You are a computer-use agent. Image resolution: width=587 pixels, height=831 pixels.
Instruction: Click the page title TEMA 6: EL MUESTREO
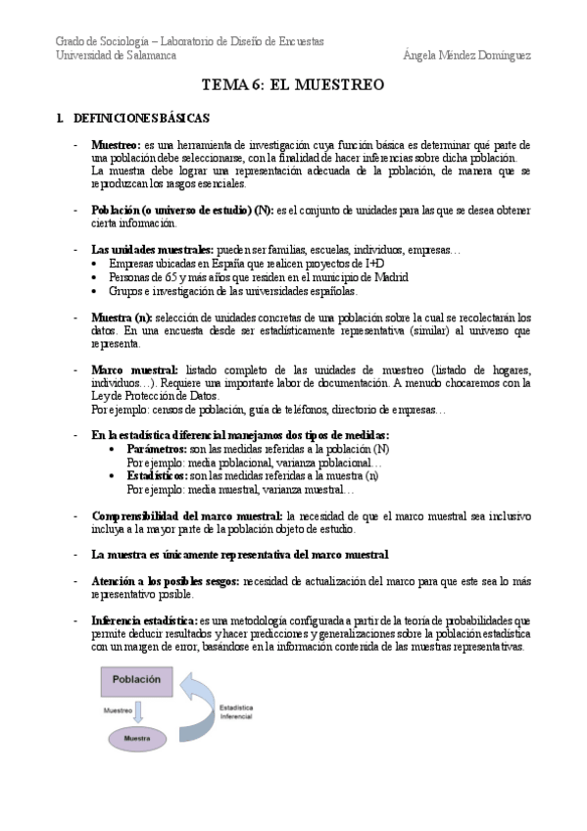293,85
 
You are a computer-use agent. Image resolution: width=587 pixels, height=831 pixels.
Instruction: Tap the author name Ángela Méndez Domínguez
466,56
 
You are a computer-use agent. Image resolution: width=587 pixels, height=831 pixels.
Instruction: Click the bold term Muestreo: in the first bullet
116,145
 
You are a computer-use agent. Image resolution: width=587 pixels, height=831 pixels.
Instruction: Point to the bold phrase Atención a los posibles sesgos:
166,581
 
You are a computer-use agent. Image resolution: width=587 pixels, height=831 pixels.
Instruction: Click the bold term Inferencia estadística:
143,621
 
